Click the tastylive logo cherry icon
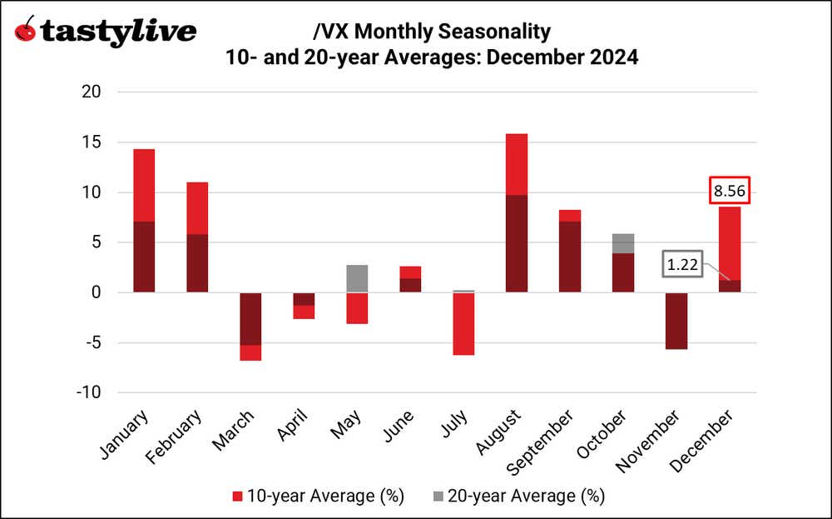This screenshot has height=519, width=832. coord(27,31)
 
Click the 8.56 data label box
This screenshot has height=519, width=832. coord(730,190)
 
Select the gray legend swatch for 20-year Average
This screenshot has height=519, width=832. coord(439,497)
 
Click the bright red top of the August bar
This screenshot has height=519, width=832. coord(517,164)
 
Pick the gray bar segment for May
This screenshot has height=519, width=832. coord(357,278)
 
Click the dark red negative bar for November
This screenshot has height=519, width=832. coord(676,321)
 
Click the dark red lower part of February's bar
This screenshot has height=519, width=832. coord(197,263)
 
